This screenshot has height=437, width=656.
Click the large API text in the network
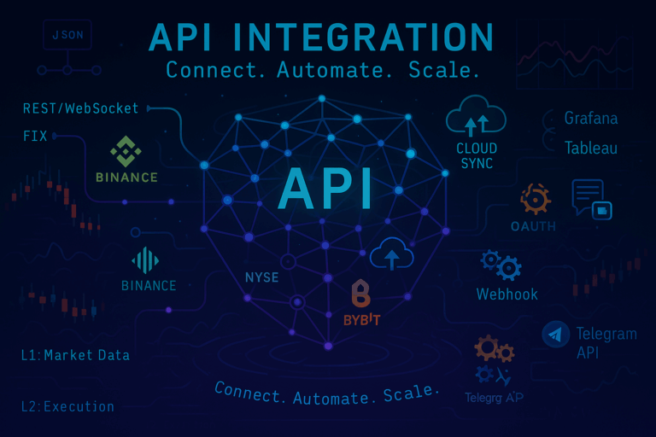(325, 189)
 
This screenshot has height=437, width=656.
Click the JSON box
(66, 37)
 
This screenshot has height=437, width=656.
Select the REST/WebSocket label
(81, 109)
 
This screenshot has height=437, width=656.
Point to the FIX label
(36, 136)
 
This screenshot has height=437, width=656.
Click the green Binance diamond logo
(126, 151)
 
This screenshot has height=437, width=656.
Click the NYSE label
(262, 277)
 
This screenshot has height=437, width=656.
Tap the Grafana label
(590, 119)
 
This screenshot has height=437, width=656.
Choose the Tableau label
(590, 149)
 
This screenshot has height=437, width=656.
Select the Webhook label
(507, 294)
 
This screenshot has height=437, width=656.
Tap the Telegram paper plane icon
(556, 335)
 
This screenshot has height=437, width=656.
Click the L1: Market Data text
(75, 354)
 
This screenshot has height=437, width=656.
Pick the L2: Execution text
(67, 406)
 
